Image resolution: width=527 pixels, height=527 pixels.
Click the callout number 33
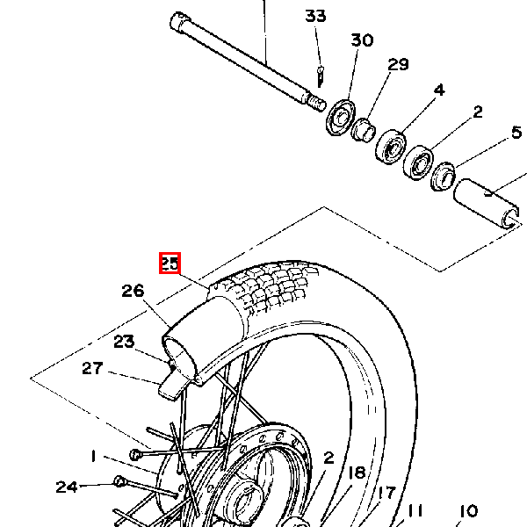click(x=315, y=16)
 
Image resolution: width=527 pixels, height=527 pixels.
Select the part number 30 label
click(x=362, y=40)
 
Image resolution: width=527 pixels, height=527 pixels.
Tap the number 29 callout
click(x=398, y=64)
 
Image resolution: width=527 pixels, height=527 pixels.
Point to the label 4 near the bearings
click(x=439, y=90)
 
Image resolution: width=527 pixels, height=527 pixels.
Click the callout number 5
click(x=516, y=132)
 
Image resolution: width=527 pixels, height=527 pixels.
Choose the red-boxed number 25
click(x=170, y=263)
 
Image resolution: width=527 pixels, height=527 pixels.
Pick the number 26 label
click(x=133, y=291)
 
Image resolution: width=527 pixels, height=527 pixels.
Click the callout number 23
click(x=124, y=342)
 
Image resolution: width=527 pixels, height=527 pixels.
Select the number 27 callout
click(x=92, y=368)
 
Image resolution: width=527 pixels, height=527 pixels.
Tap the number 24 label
click(x=67, y=487)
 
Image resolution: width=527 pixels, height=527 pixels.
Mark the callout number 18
click(x=357, y=473)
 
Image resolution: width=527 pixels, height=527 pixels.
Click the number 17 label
click(x=386, y=493)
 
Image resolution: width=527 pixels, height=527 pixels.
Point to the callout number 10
click(x=468, y=511)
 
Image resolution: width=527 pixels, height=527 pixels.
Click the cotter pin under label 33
click(x=321, y=77)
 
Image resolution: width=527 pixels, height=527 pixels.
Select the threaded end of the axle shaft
click(x=316, y=103)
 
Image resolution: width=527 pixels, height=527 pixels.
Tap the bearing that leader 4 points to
click(x=391, y=148)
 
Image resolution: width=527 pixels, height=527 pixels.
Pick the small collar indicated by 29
click(x=363, y=130)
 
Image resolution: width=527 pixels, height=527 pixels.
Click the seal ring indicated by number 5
click(x=443, y=177)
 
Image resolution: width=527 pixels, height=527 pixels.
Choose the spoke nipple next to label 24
click(x=119, y=481)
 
